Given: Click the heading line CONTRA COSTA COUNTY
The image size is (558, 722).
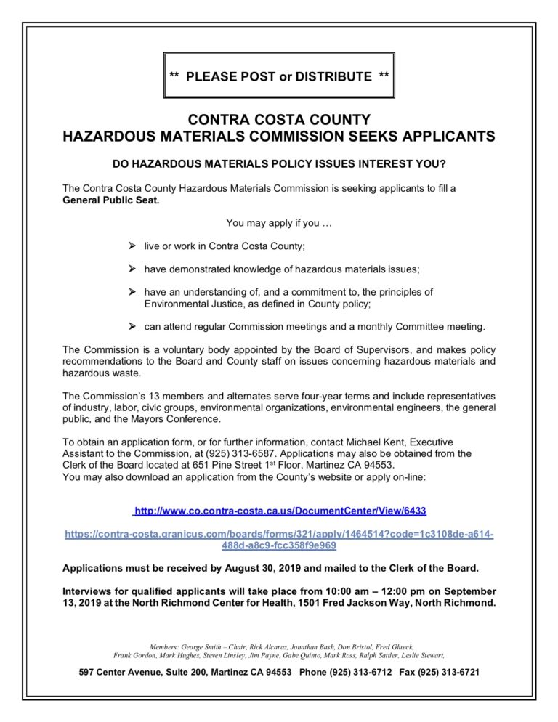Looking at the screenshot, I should click(x=279, y=119).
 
